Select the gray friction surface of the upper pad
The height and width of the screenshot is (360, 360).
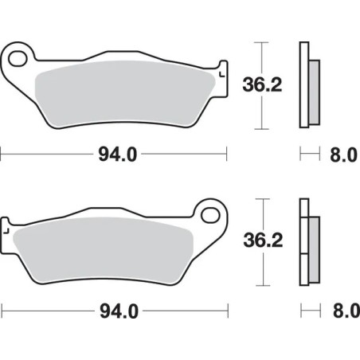tap(127, 92)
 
